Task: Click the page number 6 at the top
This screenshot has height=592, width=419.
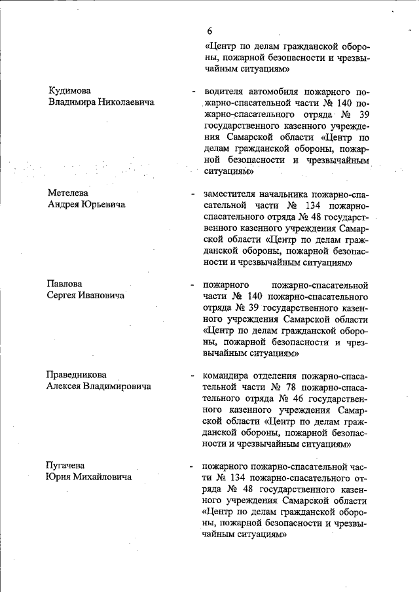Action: tap(209, 31)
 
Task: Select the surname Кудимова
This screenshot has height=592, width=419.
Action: tap(70, 90)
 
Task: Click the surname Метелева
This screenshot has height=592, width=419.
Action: tap(68, 193)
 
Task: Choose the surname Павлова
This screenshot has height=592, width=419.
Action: tap(65, 284)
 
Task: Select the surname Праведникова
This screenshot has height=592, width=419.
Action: tap(77, 375)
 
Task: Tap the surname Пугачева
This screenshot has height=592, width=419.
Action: tap(67, 466)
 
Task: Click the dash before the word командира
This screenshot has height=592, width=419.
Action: tap(191, 377)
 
